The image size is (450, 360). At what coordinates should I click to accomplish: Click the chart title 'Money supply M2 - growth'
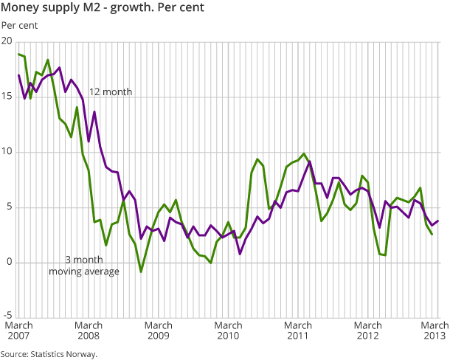coord(103,9)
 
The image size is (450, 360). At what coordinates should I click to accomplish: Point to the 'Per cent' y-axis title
coord(20,27)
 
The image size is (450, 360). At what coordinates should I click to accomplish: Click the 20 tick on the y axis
coord(7,42)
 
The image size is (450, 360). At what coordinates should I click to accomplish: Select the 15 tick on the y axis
coord(7,97)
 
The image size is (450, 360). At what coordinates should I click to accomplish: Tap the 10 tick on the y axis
coord(7,153)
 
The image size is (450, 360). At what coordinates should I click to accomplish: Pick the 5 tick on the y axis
coord(10,208)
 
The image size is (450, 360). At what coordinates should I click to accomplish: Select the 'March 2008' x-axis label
coord(89,330)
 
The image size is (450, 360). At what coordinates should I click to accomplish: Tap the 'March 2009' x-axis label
coord(159,330)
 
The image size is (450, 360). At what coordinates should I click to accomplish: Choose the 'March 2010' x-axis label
coord(228,330)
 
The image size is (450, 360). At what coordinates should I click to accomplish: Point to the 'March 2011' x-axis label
coord(298,330)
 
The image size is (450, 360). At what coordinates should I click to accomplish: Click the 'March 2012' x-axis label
coord(368,330)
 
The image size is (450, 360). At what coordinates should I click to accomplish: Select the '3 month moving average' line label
coord(84,266)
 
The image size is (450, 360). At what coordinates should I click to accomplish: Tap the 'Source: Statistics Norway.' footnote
coord(49,354)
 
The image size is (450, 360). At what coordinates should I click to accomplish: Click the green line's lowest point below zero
coord(141,271)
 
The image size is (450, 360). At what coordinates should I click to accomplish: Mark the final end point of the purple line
coord(438,221)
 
